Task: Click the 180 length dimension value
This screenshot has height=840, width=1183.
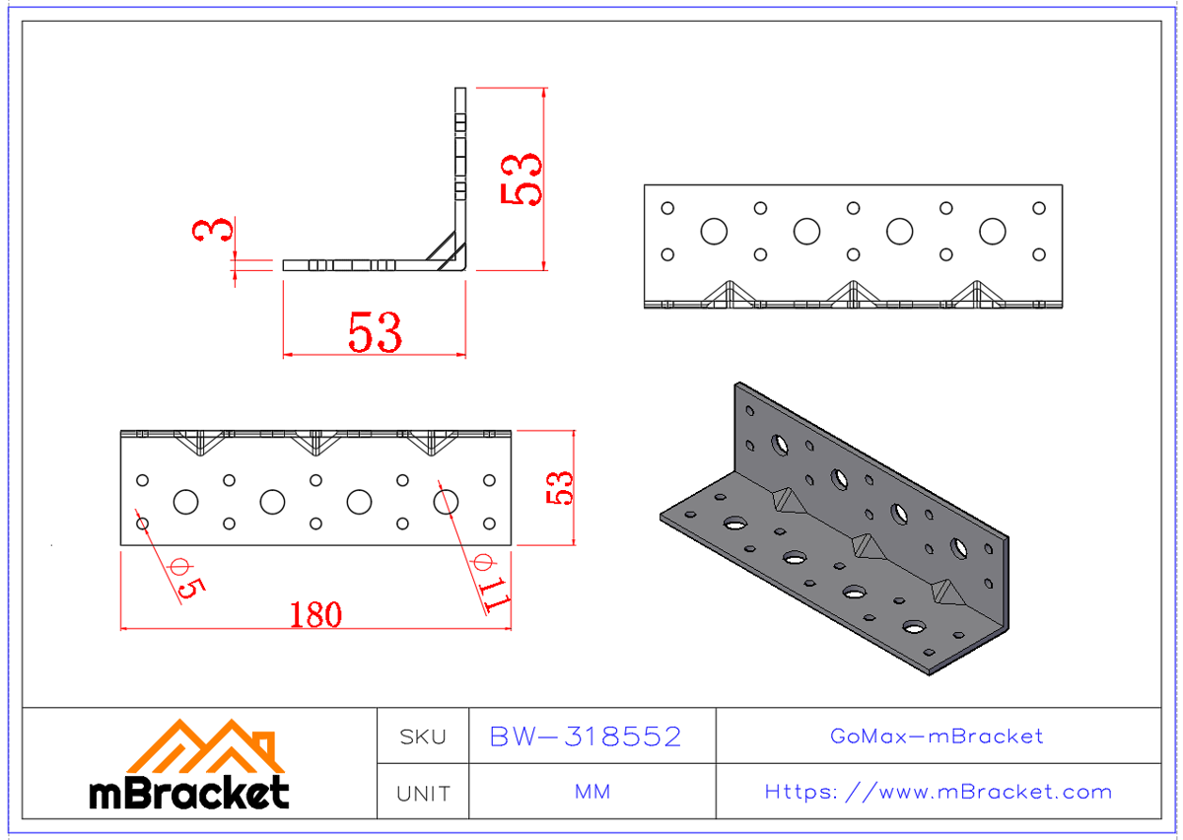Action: point(315,614)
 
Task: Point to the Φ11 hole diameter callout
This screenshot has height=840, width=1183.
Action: point(493,587)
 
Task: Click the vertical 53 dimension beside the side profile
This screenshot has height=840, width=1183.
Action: point(522,178)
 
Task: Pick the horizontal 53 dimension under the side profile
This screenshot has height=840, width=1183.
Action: point(375,333)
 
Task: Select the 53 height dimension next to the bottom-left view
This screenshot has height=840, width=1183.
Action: point(560,487)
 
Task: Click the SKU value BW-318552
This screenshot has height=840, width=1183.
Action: point(586,736)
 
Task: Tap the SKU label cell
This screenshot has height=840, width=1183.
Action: point(422,736)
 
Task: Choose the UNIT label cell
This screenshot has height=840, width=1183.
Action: point(422,793)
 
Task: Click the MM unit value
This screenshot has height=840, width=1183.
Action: point(591,793)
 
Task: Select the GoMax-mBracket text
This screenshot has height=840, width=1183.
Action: point(937,736)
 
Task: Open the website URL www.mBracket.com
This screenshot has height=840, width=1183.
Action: point(939,792)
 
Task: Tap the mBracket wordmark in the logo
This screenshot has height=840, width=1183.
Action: point(189,792)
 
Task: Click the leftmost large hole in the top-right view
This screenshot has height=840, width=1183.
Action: point(714,232)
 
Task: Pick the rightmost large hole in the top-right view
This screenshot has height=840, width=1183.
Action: point(992,232)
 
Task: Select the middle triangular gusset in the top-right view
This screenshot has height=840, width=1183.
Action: point(853,294)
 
